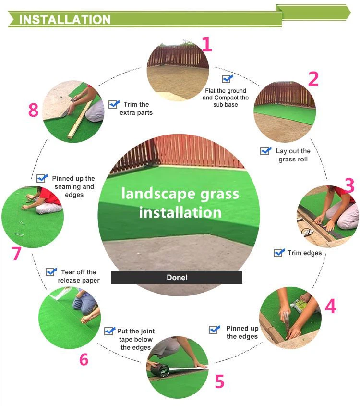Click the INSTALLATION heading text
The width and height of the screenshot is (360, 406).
pos(65,19)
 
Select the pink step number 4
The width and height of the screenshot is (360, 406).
pos(330,306)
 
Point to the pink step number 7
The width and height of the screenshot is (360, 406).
pos(17,253)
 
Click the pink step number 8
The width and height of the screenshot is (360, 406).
pos(33,111)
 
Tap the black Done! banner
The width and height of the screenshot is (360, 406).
pos(177,277)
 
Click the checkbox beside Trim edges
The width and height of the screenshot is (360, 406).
pos(279,252)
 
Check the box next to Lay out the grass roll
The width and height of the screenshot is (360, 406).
pos(266,151)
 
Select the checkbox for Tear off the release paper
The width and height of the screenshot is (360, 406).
pos(51,272)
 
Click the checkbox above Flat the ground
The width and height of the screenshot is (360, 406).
pos(227,79)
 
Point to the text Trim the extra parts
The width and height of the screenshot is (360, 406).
pos(136,109)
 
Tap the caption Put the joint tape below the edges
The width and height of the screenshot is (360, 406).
pos(136,339)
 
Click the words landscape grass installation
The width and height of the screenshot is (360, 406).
pos(180,202)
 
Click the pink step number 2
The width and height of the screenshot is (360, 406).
pos(313,79)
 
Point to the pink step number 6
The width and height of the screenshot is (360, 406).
pos(84,359)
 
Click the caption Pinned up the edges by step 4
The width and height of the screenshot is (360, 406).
pos(242,332)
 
